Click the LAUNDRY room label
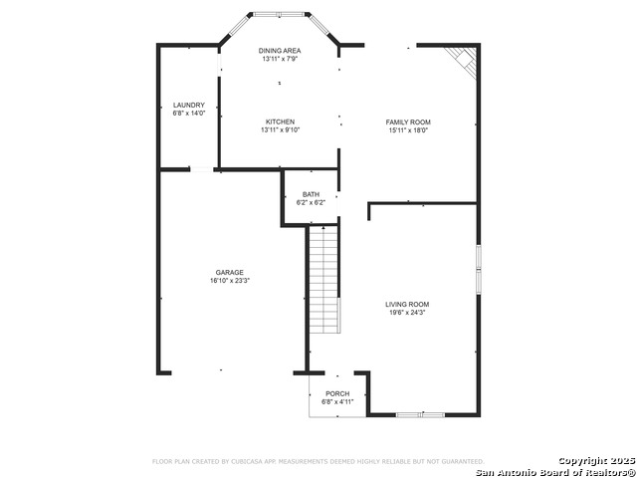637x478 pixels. tap(189, 105)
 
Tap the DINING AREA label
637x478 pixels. tap(280, 50)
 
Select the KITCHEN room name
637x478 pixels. tap(280, 121)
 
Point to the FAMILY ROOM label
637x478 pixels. tap(408, 121)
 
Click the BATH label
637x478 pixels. tap(312, 194)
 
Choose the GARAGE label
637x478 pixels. tap(230, 272)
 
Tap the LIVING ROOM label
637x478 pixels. tap(408, 304)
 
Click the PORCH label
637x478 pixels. tap(337, 393)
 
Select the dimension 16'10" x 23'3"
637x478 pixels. tap(230, 281)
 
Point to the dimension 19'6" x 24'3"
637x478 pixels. tap(408, 313)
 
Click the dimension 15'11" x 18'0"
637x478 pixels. tap(408, 130)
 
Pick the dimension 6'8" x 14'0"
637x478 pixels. tap(189, 114)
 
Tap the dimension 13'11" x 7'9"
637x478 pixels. tap(280, 59)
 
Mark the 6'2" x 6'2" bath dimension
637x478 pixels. tap(312, 203)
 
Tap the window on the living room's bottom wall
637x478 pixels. tap(420, 413)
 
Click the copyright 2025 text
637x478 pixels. tap(594, 460)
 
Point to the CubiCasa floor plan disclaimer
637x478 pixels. tap(318, 462)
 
